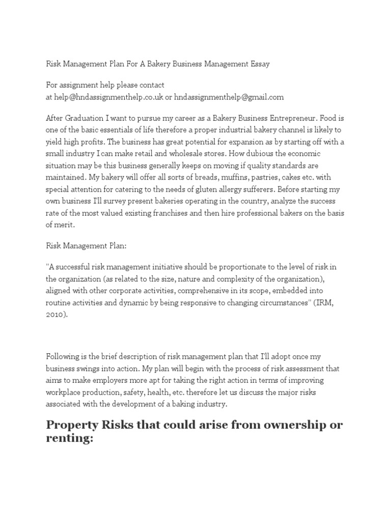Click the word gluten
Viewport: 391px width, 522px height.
tap(209, 189)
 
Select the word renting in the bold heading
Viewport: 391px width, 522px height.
tap(69, 439)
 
